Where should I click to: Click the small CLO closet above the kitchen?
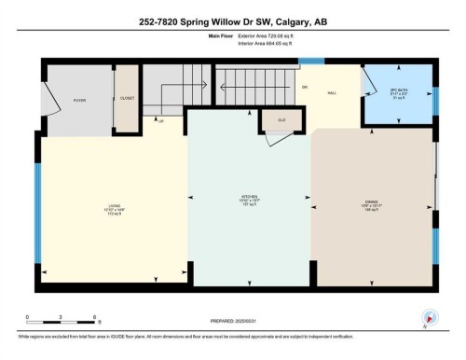pos(280,119)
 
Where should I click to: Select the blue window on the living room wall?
pos(38,211)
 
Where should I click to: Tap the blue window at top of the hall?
pos(310,61)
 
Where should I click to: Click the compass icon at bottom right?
pos(430,317)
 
